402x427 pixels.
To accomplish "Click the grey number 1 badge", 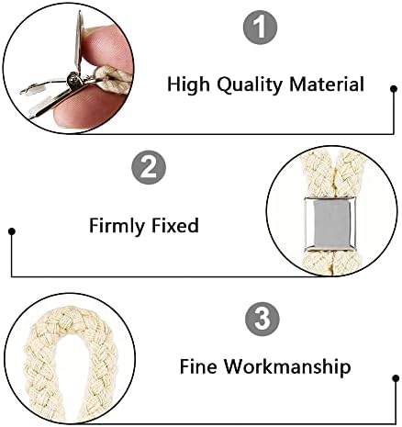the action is [x=260, y=28].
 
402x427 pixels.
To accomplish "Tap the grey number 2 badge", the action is [x=149, y=167].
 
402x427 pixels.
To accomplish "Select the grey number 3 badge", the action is [x=262, y=319].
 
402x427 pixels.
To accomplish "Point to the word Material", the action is [x=327, y=84].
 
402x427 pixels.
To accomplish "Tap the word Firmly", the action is [x=117, y=226].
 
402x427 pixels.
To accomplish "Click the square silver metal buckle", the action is [x=330, y=224].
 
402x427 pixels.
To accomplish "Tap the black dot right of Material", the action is [x=394, y=89].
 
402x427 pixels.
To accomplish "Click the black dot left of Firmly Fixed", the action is [x=12, y=231].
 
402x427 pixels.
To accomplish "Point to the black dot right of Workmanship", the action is [x=396, y=378].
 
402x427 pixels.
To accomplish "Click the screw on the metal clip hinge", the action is [x=73, y=80].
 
